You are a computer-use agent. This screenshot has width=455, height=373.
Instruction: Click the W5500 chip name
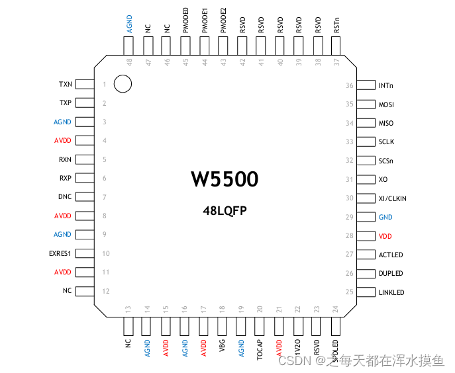[225, 179]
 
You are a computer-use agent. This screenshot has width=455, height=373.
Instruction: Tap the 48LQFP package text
[225, 210]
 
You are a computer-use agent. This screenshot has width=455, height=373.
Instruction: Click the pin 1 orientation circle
[123, 84]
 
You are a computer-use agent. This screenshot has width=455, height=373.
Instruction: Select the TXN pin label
[65, 84]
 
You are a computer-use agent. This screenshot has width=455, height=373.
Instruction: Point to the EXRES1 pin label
[60, 253]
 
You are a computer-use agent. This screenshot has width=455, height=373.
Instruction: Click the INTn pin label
[386, 85]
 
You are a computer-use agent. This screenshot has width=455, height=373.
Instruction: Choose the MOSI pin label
[386, 104]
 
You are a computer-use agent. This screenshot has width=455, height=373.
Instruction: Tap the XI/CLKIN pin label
[393, 198]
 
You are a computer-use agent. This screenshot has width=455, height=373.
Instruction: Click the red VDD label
[385, 236]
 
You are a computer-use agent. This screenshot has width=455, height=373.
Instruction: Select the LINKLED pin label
[391, 292]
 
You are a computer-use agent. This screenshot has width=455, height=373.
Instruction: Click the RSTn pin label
[337, 26]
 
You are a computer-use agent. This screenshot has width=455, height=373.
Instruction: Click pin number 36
[350, 85]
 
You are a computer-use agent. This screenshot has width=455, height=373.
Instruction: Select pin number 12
[105, 291]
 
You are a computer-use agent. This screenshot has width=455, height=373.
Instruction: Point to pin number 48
[129, 62]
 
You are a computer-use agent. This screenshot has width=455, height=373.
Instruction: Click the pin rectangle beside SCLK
[366, 142]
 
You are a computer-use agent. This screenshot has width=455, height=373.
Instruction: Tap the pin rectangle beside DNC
[83, 197]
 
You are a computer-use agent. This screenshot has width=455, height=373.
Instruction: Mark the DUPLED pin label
[391, 273]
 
